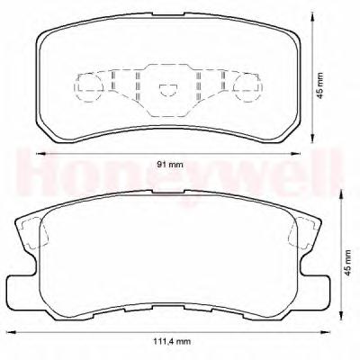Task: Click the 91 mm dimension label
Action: [x=170, y=165]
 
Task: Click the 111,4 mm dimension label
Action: [x=172, y=341]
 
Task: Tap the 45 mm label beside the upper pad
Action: [x=320, y=85]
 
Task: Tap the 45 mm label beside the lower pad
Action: [x=347, y=263]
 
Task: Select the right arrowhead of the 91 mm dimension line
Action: [x=295, y=154]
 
